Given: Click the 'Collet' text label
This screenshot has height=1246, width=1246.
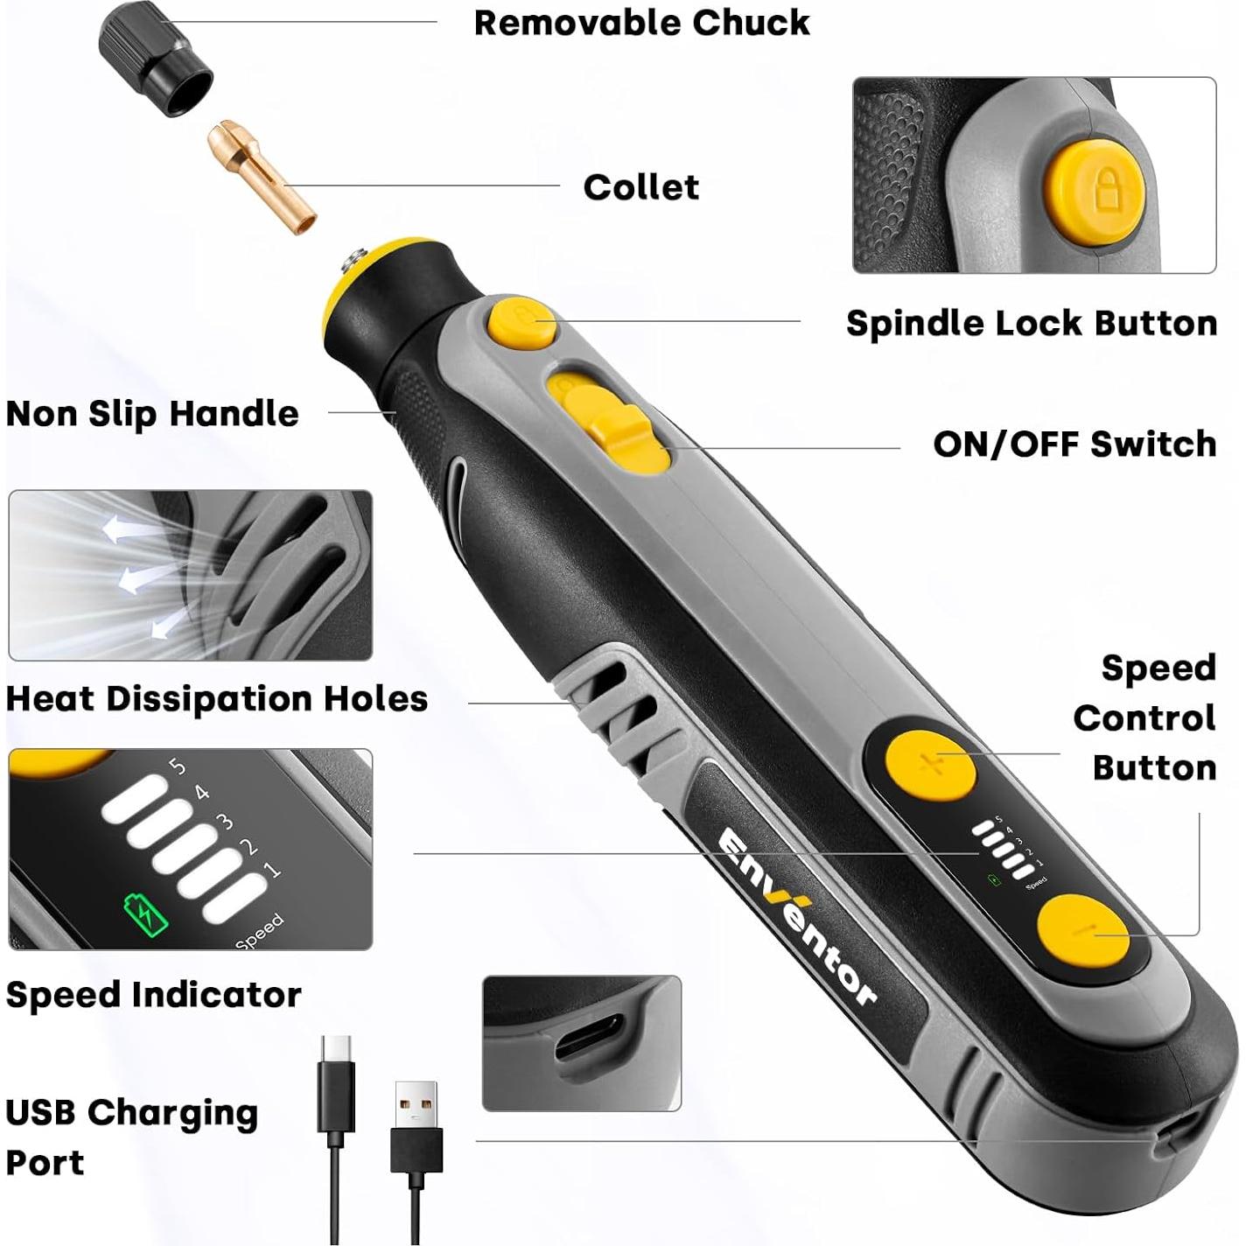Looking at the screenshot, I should [640, 187].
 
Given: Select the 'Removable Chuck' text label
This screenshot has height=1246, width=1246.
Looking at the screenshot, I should [641, 24].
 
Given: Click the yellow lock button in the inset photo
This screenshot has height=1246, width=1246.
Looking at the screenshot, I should [1099, 189].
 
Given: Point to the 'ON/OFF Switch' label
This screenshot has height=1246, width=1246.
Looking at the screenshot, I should [1074, 444].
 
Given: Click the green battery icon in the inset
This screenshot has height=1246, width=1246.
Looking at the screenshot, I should [146, 914].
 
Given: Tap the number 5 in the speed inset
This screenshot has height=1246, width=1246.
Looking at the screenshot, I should [178, 766].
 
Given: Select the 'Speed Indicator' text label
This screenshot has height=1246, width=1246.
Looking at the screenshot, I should [153, 995].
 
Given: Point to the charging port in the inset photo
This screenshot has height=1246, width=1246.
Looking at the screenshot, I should [590, 1036].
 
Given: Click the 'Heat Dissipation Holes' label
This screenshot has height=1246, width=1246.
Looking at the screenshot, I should [216, 699].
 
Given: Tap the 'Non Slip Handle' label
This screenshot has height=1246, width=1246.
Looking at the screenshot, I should [152, 414].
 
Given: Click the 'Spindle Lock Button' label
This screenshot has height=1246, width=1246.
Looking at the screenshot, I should [1031, 324].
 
